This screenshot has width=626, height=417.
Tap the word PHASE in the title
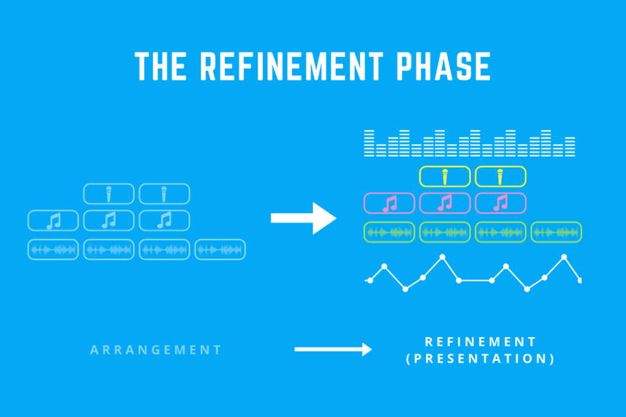[443, 66]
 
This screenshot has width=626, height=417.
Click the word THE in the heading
[161, 66]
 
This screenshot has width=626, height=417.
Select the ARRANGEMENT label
[156, 350]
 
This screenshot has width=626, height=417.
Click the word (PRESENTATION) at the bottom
[481, 359]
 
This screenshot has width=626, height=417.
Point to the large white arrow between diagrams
[303, 218]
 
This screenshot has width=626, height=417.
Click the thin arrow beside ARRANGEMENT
[333, 349]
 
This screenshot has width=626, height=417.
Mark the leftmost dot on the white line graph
[370, 281]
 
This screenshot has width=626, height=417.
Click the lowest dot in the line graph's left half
[405, 289]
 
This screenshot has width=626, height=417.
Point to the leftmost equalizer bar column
[369, 143]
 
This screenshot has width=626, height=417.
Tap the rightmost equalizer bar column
[570, 147]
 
